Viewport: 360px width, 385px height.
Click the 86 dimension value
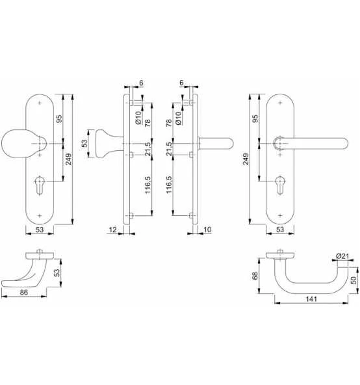point(24,293)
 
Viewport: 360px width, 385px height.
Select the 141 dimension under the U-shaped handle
point(311,299)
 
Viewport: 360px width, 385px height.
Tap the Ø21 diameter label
point(342,256)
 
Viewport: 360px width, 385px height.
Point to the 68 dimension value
point(255,276)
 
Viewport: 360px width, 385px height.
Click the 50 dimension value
point(354,280)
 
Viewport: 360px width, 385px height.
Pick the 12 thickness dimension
point(112,230)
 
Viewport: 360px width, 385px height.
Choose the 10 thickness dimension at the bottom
point(207,230)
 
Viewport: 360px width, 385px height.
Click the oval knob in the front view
point(17,143)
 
